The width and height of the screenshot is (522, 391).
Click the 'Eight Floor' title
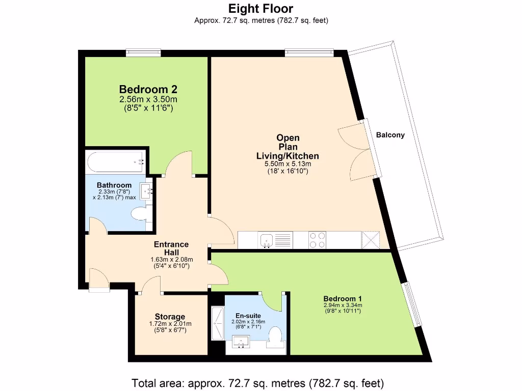pos(260,9)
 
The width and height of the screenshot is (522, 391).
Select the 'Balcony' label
pos(390,135)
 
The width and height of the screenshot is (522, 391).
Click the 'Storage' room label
pos(170,317)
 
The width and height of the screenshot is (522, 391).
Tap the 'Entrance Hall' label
pos(171,248)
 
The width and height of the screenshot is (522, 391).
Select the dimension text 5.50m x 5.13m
pos(288,164)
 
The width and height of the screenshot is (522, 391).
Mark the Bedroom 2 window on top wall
pos(143,52)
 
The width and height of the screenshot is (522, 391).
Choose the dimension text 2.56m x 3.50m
pos(148,99)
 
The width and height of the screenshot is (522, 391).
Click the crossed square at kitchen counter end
pos(371,240)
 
